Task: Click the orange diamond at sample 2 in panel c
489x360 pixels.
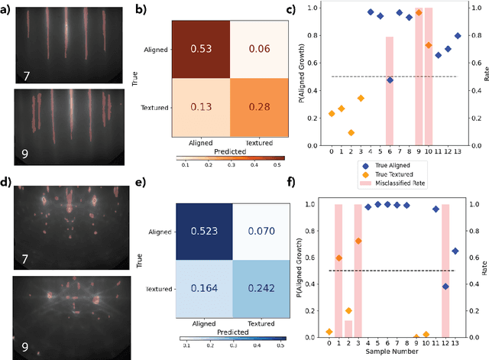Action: pos(351,133)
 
